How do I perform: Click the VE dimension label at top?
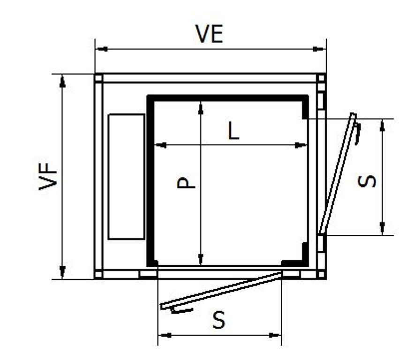coord(209,34)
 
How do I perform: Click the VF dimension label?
coord(48,176)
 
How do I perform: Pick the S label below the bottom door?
coord(218,321)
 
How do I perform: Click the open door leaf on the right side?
coord(337,173)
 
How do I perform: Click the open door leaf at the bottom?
coord(220,291)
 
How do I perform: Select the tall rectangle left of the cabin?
coord(127,176)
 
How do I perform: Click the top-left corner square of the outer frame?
coord(98,78)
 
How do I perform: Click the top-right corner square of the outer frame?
coord(321,78)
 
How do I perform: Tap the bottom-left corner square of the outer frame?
coord(98,274)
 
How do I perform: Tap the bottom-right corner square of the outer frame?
coord(321,274)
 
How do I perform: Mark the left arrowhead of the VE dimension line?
coord(99,49)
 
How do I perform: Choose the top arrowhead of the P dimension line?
coord(201,107)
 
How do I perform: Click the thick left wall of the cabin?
coord(151,180)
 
